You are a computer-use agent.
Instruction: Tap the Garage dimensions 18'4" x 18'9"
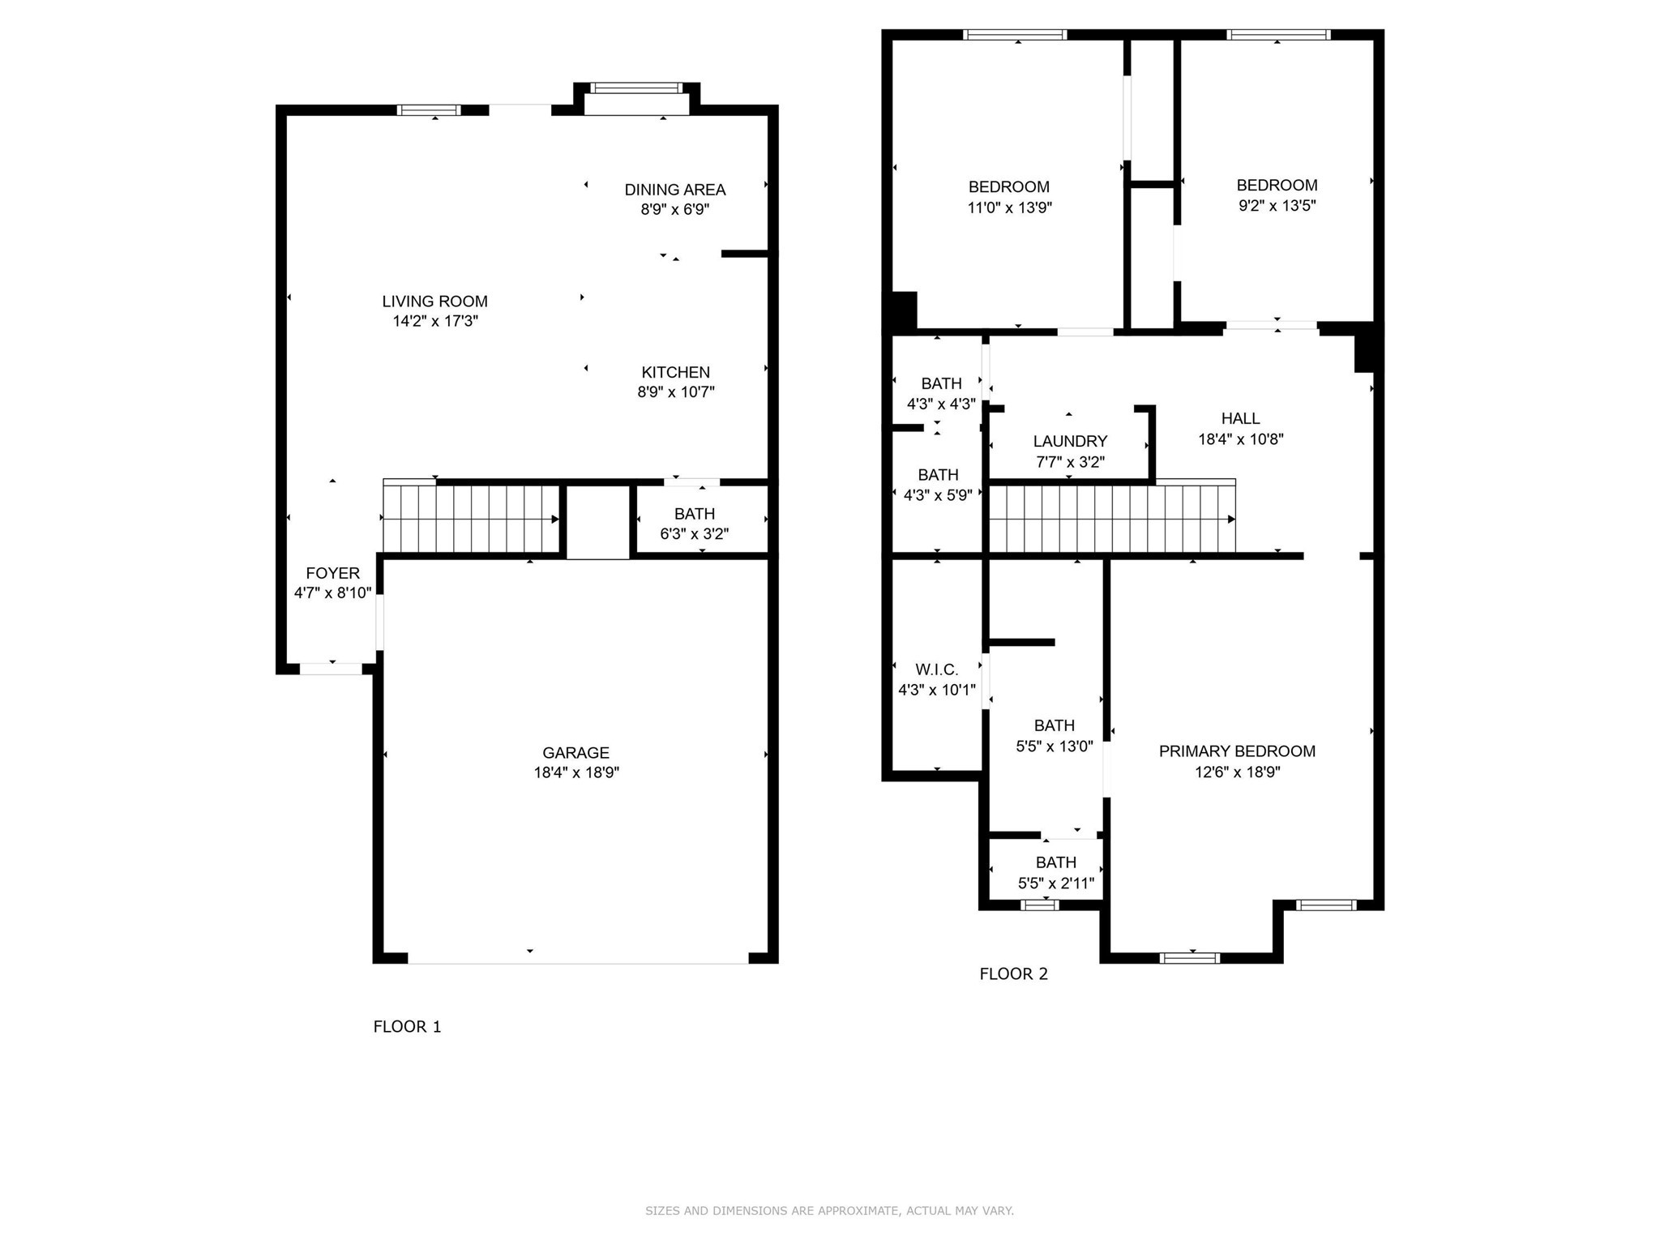(x=575, y=772)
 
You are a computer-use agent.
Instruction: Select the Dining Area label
(x=674, y=190)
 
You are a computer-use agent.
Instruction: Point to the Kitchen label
(x=675, y=372)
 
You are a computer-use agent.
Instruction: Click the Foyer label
(x=332, y=573)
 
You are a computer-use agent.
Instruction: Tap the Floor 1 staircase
(x=471, y=519)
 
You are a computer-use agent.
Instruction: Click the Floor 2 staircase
(x=1110, y=519)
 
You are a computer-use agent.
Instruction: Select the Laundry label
(x=1070, y=441)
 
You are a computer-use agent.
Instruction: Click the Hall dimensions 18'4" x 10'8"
(x=1240, y=439)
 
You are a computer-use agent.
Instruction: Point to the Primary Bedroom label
(x=1237, y=751)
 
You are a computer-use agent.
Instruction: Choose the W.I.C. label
(x=936, y=670)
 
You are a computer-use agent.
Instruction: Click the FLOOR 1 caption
(x=407, y=1027)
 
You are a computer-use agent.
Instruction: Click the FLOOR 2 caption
(x=1013, y=974)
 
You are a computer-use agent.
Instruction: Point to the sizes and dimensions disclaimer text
(x=829, y=1211)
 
